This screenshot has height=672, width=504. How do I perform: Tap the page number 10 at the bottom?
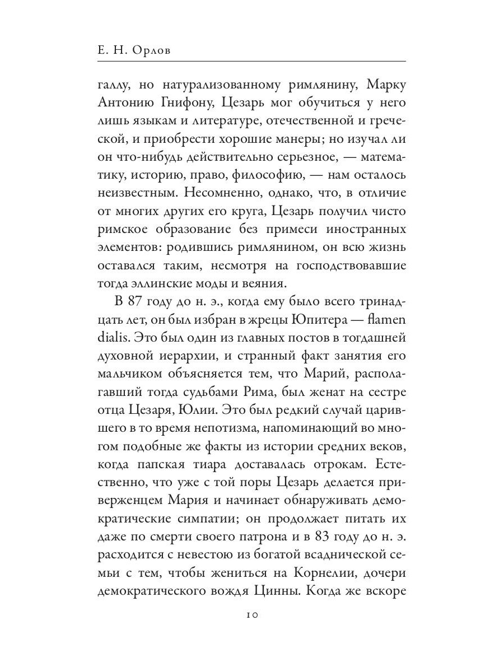click(251, 614)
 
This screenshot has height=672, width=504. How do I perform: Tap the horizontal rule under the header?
click(251, 60)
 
